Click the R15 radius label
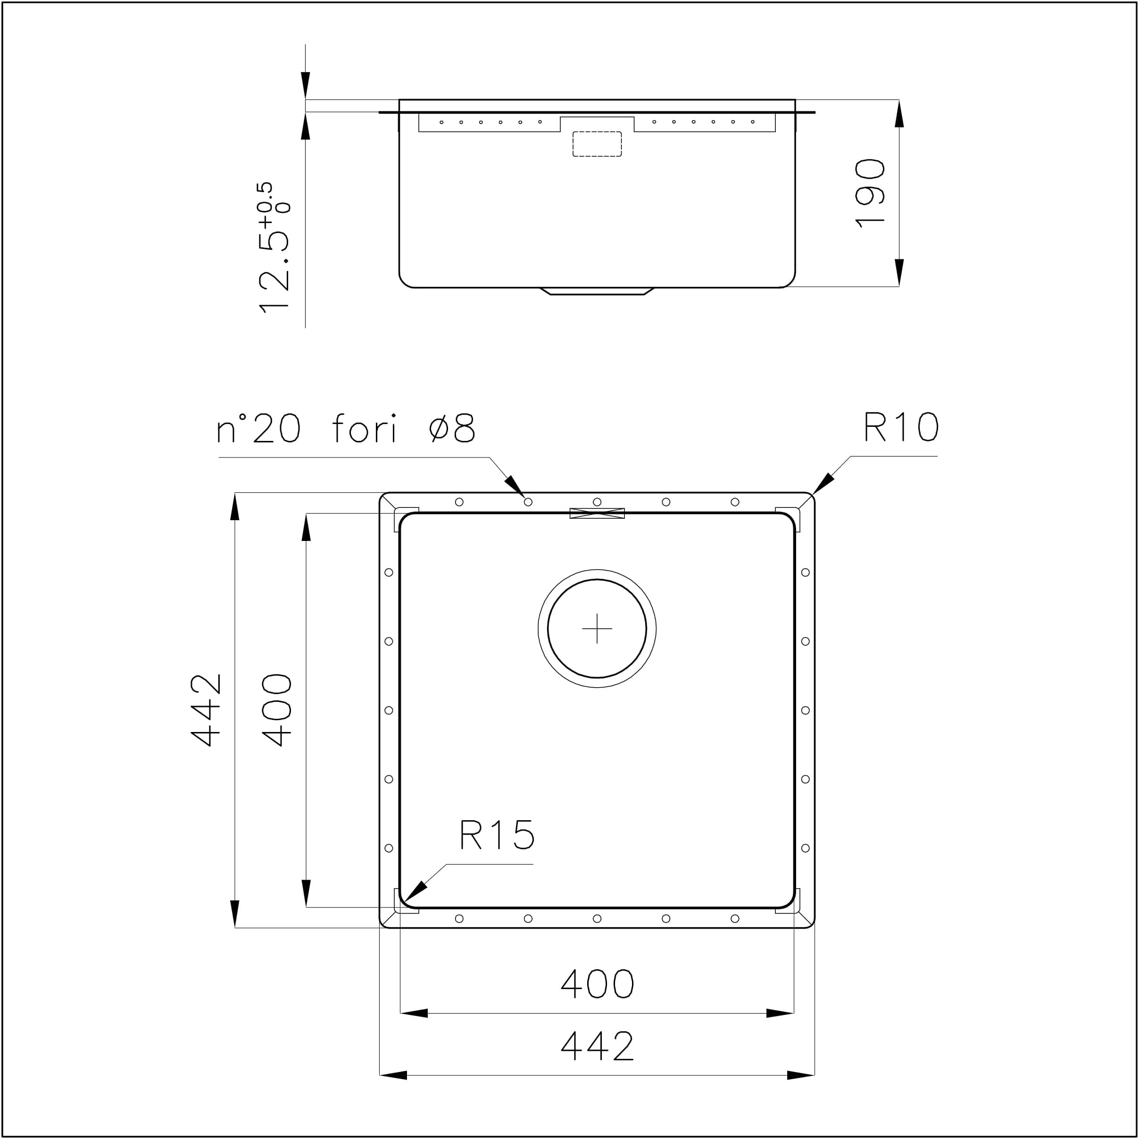(496, 835)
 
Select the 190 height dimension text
(870, 193)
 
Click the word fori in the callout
(364, 429)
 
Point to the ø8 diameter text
(452, 429)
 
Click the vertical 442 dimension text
(206, 710)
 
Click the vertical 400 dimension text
(276, 710)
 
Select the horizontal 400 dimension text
(597, 983)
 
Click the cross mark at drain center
(597, 628)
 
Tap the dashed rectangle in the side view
(597, 144)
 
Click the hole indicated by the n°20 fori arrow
(528, 502)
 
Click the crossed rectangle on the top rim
(597, 514)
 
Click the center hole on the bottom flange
(597, 919)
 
